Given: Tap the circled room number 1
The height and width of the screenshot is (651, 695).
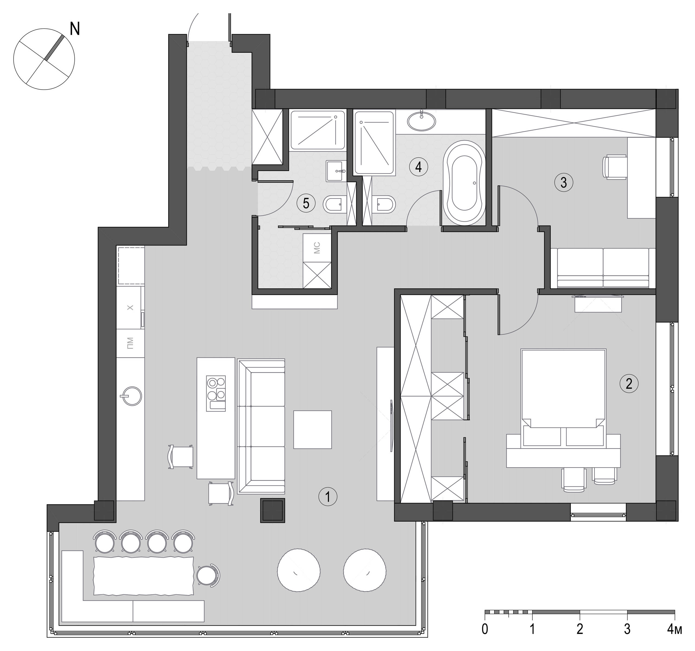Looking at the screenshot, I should coord(328,497).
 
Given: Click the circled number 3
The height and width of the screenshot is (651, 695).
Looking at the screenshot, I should coord(564,182).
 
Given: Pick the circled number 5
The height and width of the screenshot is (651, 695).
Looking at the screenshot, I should coord(306,203).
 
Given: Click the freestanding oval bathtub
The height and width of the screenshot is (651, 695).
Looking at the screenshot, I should coord(464,183).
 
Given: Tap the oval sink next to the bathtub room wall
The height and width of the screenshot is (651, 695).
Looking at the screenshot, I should coord(422,121).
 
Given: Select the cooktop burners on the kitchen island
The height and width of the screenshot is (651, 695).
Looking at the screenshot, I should coord(216,393).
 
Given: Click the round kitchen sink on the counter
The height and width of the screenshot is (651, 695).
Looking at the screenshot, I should coord(132,396).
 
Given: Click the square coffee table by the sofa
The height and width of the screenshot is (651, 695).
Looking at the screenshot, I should coord(312,429).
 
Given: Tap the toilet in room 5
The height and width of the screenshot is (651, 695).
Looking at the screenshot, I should coord(333,204).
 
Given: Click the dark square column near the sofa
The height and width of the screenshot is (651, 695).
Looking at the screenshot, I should coord(272,510).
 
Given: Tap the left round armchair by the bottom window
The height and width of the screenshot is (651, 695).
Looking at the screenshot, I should coord(298,570).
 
